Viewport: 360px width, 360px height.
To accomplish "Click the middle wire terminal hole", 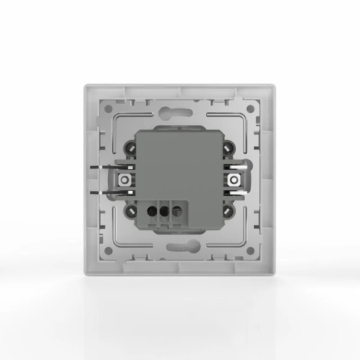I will (164, 211).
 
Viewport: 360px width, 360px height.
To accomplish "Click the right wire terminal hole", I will (177, 211).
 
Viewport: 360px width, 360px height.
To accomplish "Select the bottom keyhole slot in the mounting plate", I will (179, 247).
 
